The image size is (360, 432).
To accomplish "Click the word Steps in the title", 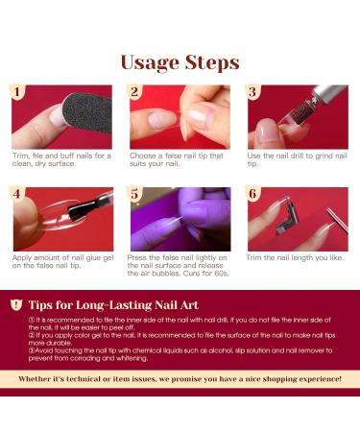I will coord(209,63).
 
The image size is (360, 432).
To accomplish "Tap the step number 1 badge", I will coord(16,92).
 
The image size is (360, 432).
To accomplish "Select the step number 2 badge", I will coord(135,92).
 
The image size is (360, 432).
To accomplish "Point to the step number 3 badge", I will coord(253,92).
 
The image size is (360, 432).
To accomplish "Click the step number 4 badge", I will coord(16,193).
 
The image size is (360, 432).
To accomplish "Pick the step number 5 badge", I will coord(135,193).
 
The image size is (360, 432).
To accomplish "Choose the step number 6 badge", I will coord(253,193).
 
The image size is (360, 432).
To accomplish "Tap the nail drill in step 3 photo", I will coord(307,106).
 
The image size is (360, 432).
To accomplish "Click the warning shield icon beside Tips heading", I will coord(17,303).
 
